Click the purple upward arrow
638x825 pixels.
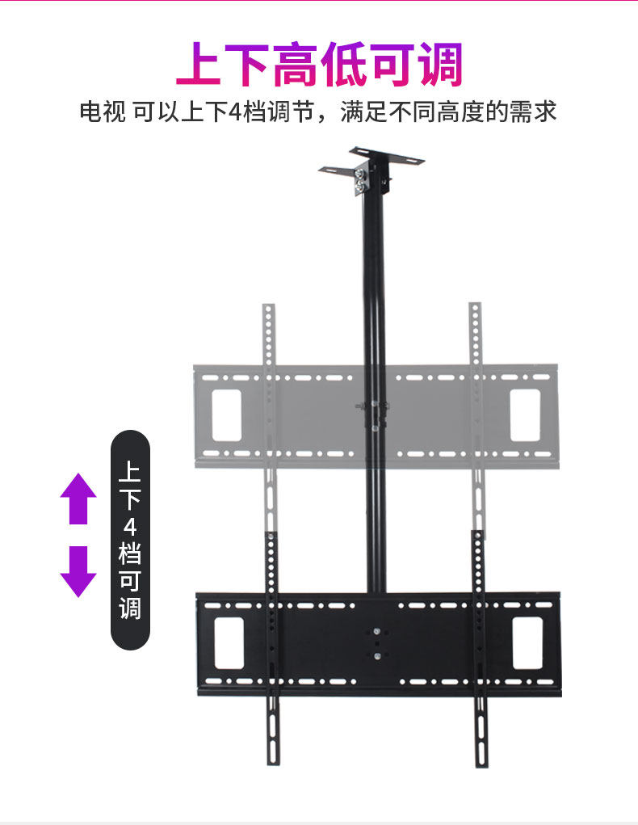78,499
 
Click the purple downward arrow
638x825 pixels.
78,571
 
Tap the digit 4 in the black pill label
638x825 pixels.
130,526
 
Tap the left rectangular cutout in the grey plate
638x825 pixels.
227,415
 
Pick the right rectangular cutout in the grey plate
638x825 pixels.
525,415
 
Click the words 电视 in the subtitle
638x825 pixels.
102,111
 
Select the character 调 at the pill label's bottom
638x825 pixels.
130,608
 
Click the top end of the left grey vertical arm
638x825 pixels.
269,309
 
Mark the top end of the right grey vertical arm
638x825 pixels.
475,309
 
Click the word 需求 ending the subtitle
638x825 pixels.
533,111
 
